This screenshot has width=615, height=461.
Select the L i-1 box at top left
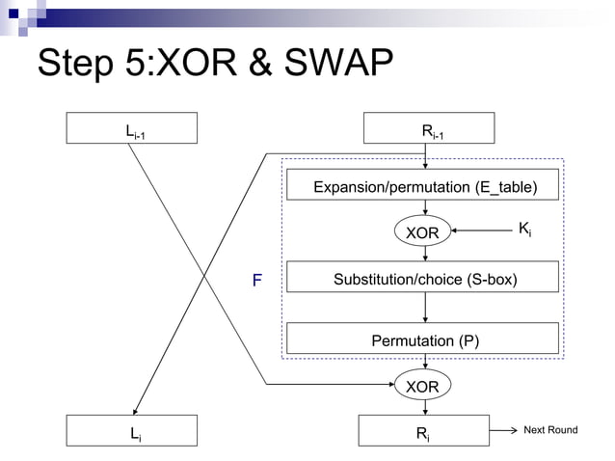pos(131,128)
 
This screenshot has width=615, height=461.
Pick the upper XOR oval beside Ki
pos(422,232)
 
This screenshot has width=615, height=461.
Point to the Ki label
pos(524,229)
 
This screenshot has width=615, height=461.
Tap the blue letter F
pos(256,281)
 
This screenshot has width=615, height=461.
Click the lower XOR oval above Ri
pos(422,386)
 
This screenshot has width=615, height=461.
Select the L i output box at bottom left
pos(131,431)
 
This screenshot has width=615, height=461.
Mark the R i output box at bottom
pos(425,431)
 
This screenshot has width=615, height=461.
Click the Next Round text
pos(549,429)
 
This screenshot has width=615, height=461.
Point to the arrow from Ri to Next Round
pos(502,430)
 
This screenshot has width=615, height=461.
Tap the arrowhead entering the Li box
pos(135,409)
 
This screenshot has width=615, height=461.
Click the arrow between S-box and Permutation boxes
pos(425,307)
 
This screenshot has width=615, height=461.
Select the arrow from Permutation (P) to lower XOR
pos(425,362)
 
